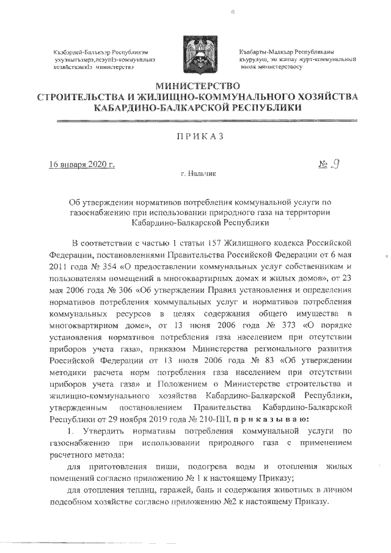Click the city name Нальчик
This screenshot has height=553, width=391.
coord(202,174)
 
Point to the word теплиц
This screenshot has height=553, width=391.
coord(138,491)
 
